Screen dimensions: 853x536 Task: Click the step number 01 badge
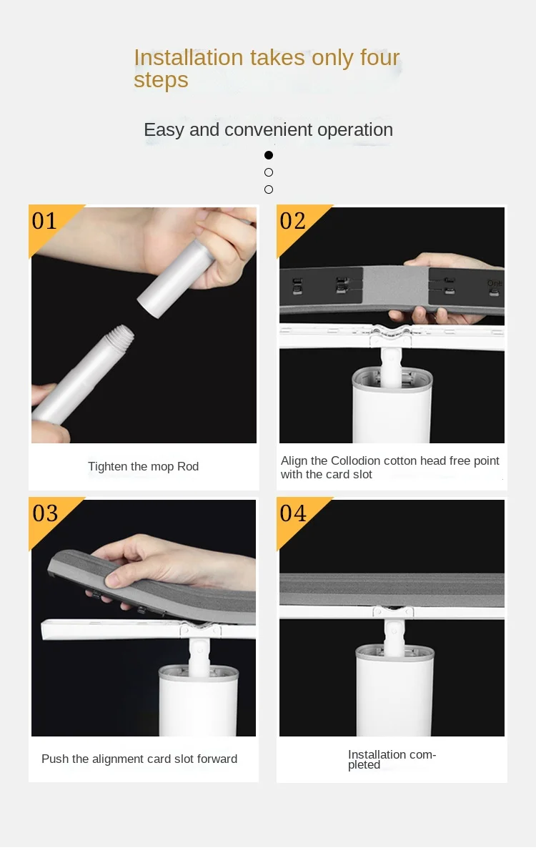tap(44, 221)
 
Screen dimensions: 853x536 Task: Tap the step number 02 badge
tap(293, 221)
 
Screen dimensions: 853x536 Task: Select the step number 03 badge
tap(44, 513)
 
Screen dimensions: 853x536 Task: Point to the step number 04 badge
tap(293, 513)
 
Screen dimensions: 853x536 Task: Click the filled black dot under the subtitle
tap(269, 155)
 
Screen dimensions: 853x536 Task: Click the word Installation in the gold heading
tap(189, 58)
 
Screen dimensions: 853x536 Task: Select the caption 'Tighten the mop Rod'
tap(143, 467)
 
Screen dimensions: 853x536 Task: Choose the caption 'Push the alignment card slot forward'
tap(139, 759)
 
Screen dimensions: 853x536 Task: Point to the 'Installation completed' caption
tap(391, 759)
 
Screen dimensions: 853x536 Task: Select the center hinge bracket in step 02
tap(392, 335)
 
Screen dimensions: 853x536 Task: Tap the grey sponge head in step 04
tap(392, 590)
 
